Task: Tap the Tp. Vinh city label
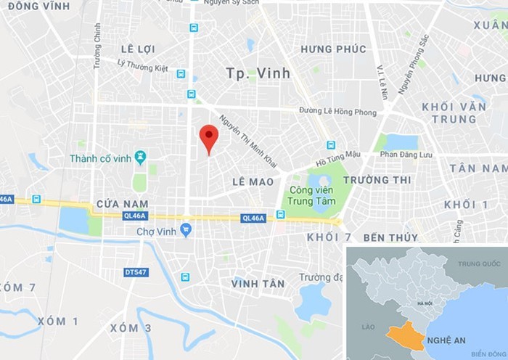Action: click(x=258, y=73)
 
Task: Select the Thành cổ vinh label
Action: click(x=102, y=158)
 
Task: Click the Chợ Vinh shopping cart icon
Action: click(x=186, y=231)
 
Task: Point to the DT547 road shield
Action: click(x=134, y=272)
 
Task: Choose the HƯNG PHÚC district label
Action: click(x=333, y=49)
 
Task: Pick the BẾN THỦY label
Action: click(x=390, y=237)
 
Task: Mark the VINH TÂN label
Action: click(x=258, y=284)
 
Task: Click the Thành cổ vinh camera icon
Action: click(x=141, y=156)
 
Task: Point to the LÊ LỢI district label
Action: click(x=139, y=49)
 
